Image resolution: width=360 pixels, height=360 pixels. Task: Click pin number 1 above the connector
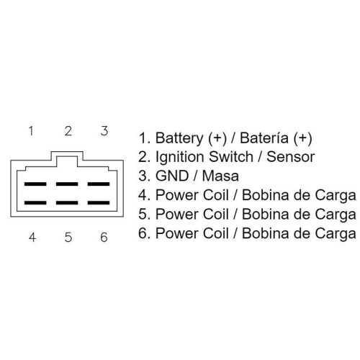(x=31, y=131)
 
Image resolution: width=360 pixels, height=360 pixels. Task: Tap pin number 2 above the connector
(x=68, y=131)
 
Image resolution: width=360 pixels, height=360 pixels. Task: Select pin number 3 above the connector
(x=104, y=131)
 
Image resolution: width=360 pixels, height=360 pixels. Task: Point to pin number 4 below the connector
(x=32, y=237)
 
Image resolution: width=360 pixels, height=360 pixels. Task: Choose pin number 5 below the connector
(x=68, y=237)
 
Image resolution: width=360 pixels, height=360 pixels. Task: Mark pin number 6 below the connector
(x=104, y=237)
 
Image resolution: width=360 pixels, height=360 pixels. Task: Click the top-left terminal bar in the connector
(x=35, y=184)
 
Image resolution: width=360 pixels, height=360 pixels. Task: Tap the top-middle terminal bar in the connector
(x=67, y=184)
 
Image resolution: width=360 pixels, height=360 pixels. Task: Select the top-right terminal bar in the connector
(x=99, y=184)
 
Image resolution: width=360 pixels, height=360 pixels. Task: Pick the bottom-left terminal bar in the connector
(x=35, y=203)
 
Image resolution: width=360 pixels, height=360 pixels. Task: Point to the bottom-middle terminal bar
(x=67, y=203)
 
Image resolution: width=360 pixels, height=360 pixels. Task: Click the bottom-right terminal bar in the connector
(x=99, y=203)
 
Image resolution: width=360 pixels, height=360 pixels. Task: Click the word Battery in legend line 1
(x=179, y=138)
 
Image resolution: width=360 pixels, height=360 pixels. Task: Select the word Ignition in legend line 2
(x=180, y=158)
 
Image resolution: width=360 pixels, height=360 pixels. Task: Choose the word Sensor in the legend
(x=291, y=157)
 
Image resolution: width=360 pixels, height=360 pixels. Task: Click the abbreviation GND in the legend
(x=172, y=176)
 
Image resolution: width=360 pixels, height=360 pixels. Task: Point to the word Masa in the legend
(x=220, y=176)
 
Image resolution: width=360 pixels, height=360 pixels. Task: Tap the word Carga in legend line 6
(x=336, y=234)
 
